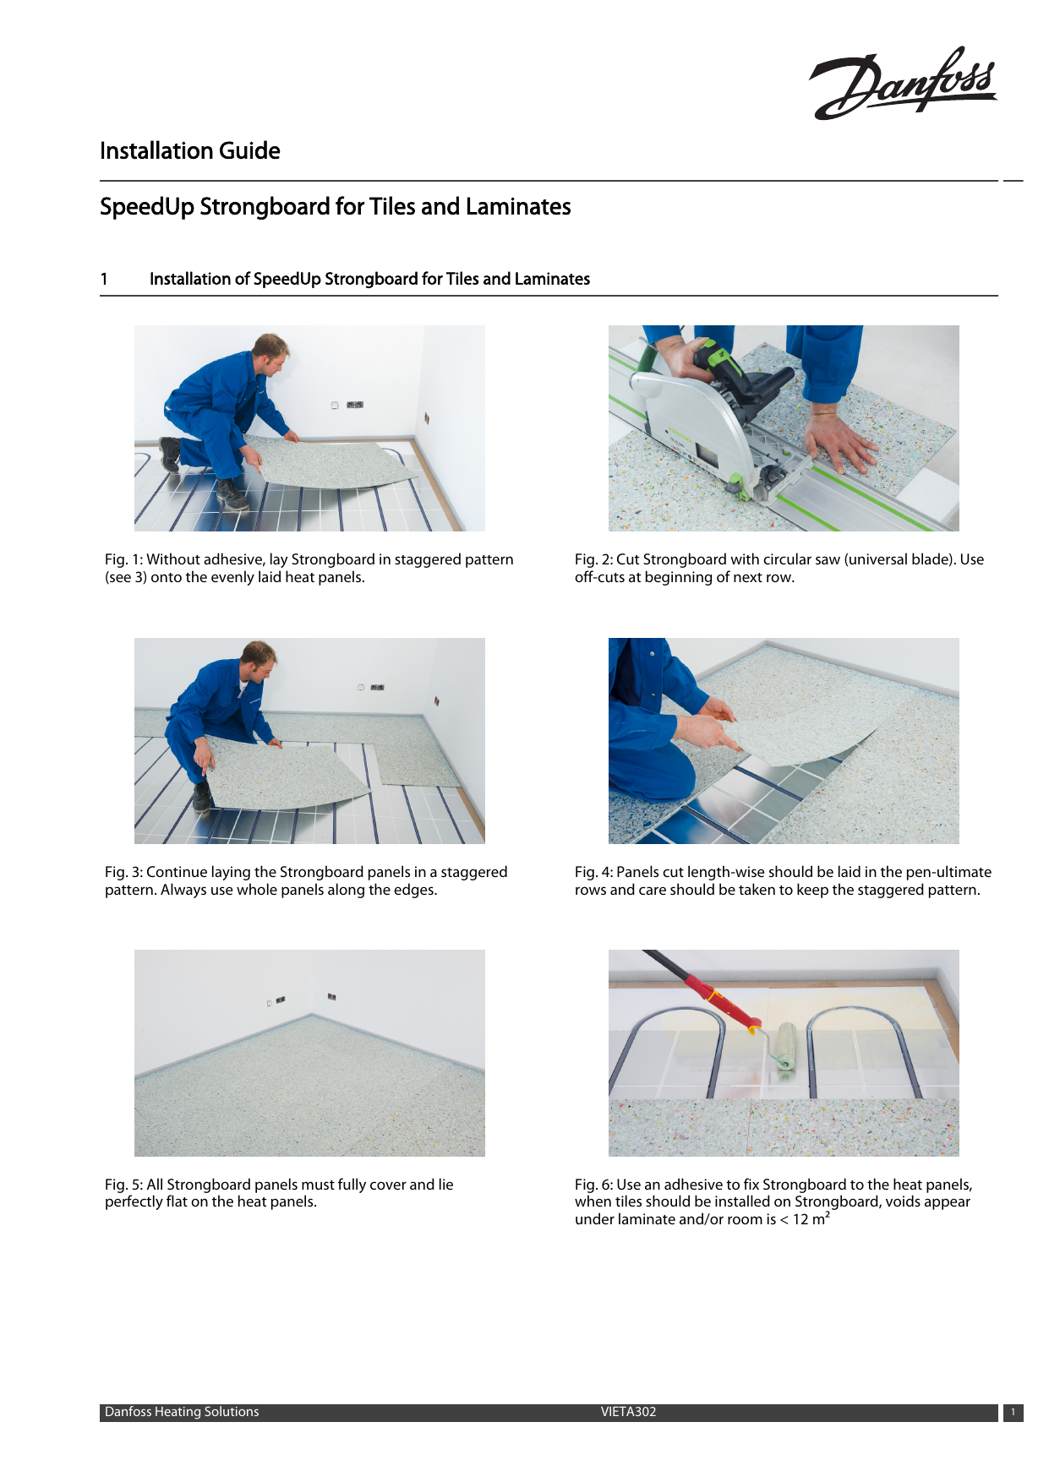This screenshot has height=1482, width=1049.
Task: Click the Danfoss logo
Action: pyautogui.click(x=903, y=83)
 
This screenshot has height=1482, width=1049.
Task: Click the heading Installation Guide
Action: pyautogui.click(x=189, y=151)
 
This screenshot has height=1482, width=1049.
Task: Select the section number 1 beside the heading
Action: pyautogui.click(x=104, y=279)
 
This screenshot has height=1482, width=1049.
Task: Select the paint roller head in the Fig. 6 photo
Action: pyautogui.click(x=787, y=1048)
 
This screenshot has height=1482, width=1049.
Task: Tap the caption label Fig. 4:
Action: pyautogui.click(x=593, y=872)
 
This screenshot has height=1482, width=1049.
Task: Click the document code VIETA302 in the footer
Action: pyautogui.click(x=628, y=1412)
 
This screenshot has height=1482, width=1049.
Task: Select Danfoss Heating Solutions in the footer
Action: pyautogui.click(x=182, y=1412)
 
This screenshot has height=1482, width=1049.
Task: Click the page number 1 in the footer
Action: pyautogui.click(x=1013, y=1413)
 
